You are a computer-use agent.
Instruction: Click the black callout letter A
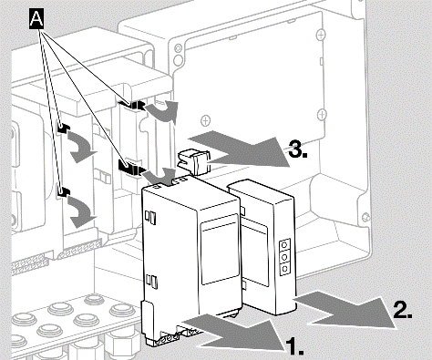click(36, 19)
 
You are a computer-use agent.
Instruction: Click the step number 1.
click(294, 346)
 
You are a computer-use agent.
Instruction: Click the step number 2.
click(403, 310)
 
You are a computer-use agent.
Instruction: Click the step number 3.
click(298, 149)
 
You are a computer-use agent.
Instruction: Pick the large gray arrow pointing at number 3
click(240, 149)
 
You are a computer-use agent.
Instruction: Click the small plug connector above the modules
click(194, 160)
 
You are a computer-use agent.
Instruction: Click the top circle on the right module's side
click(284, 244)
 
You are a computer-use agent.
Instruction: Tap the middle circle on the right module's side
click(284, 257)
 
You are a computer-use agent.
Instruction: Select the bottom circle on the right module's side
click(284, 269)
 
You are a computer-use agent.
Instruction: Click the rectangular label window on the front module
click(220, 249)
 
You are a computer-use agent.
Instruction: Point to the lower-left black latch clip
click(64, 191)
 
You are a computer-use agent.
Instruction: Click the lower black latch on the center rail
click(130, 167)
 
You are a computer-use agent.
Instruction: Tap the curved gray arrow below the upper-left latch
click(79, 148)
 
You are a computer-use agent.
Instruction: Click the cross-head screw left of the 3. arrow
click(206, 120)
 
